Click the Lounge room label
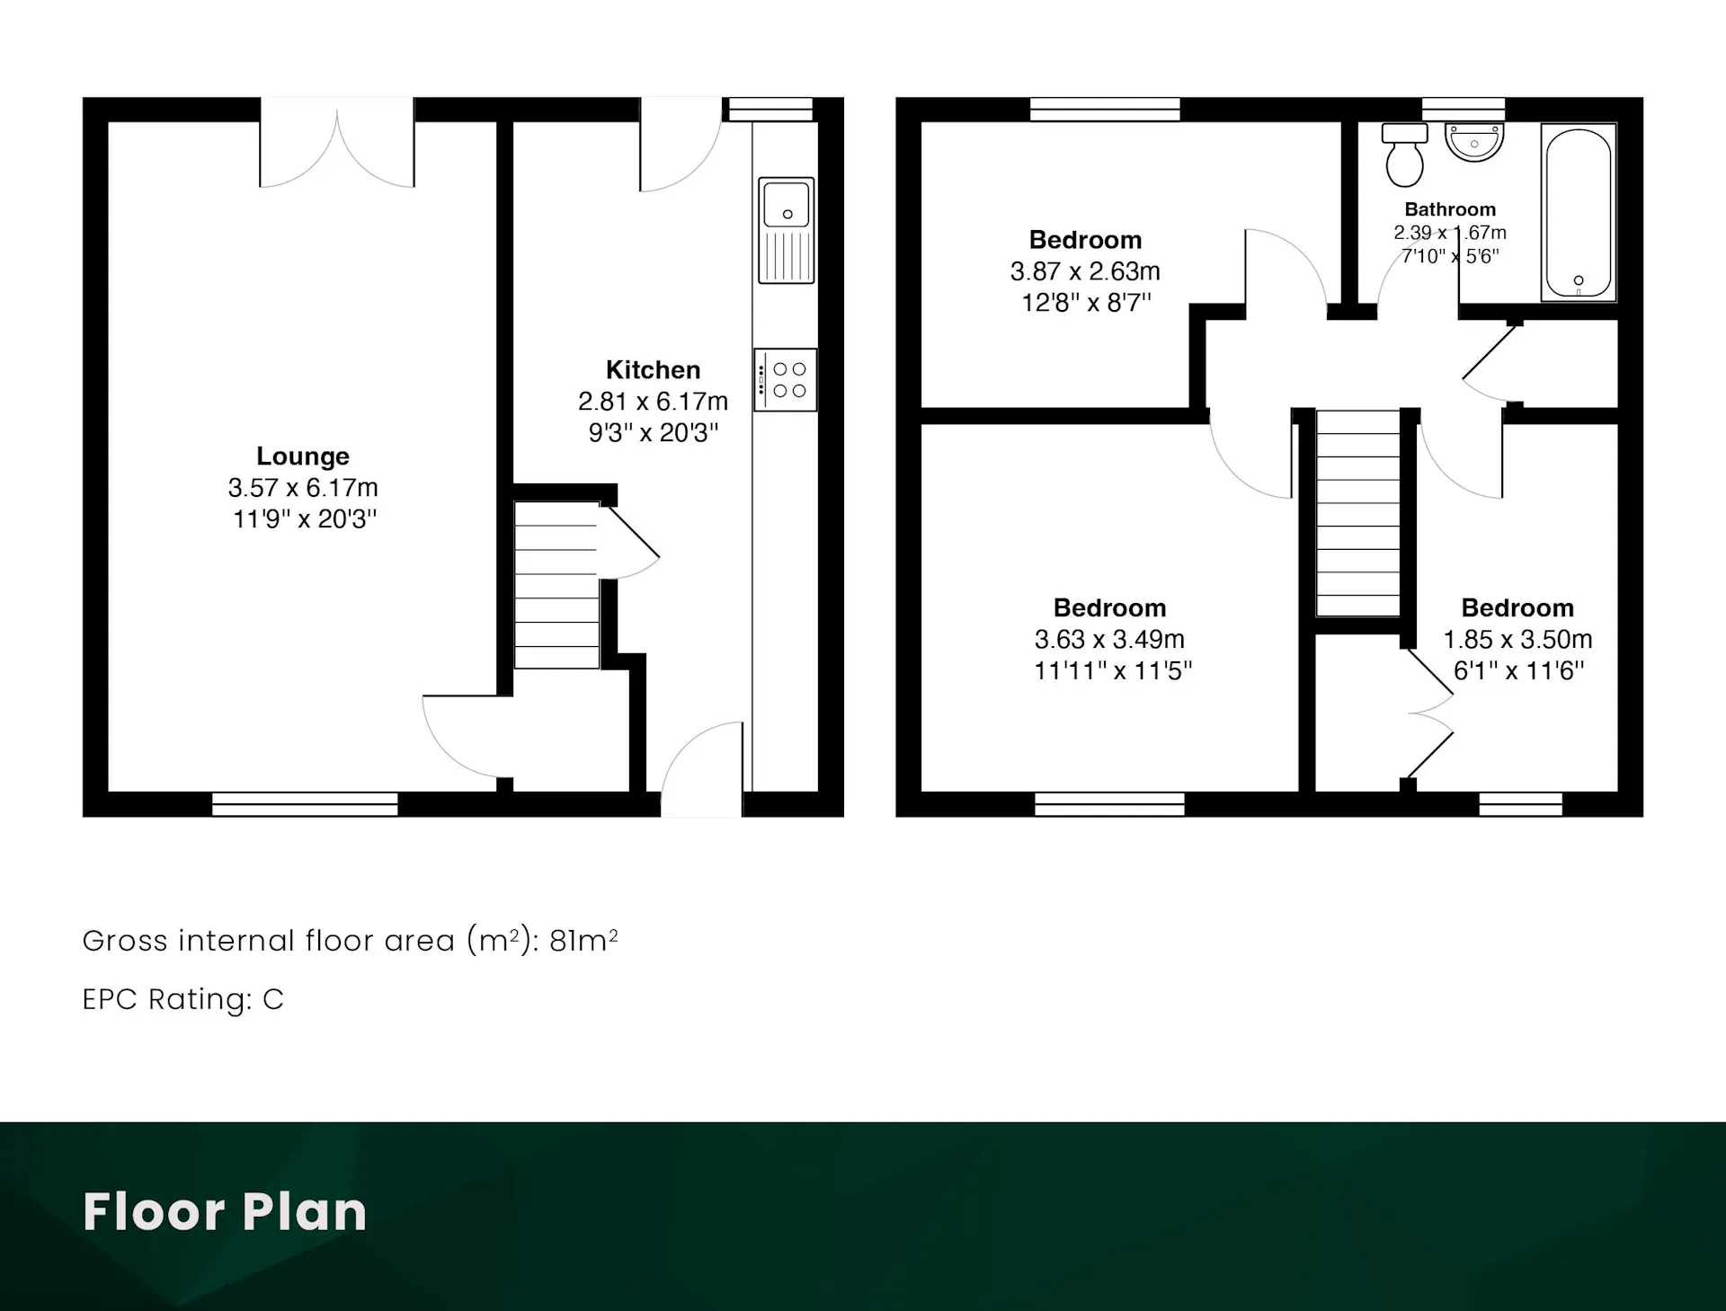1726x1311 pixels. (303, 456)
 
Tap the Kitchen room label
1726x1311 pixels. (653, 369)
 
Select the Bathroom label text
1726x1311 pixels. (1450, 209)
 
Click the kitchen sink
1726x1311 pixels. (787, 231)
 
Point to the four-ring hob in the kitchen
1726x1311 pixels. (786, 380)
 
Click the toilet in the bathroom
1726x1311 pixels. (1404, 155)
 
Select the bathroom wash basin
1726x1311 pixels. (1474, 142)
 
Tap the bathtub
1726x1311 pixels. (1579, 212)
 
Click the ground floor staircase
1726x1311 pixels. (556, 585)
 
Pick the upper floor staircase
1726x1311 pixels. (1358, 513)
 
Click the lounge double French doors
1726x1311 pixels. (337, 144)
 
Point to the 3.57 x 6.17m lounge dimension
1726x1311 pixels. (303, 488)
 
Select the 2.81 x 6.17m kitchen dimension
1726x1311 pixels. (653, 401)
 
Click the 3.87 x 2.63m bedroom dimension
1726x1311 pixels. (1085, 271)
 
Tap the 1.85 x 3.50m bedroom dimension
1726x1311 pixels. (1517, 640)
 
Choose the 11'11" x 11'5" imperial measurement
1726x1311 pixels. (1113, 671)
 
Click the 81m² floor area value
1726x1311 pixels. (583, 941)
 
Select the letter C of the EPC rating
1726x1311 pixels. (273, 999)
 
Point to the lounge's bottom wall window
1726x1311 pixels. (305, 804)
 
